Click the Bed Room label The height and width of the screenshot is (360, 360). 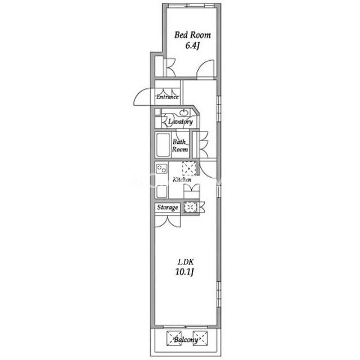point(192,35)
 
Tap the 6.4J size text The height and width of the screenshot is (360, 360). point(192,46)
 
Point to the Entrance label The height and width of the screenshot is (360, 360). point(168,97)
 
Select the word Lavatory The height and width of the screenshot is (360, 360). point(181,121)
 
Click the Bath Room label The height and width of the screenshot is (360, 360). point(180,146)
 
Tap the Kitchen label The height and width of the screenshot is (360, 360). point(182,179)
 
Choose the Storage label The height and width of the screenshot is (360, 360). point(168,208)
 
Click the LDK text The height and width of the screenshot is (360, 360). point(186,262)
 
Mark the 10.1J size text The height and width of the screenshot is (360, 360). point(185,272)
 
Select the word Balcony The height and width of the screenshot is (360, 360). point(186,340)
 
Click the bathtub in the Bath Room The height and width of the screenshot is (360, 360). point(163,145)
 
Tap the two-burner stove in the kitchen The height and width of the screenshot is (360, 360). point(161,169)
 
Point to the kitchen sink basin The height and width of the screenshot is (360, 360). point(161,191)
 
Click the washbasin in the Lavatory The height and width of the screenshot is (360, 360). point(184,112)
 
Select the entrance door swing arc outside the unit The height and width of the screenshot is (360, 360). point(142,97)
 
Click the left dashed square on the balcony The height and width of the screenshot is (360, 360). point(174,338)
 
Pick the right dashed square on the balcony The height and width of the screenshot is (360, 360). point(200,338)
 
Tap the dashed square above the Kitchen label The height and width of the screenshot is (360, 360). point(190,169)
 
